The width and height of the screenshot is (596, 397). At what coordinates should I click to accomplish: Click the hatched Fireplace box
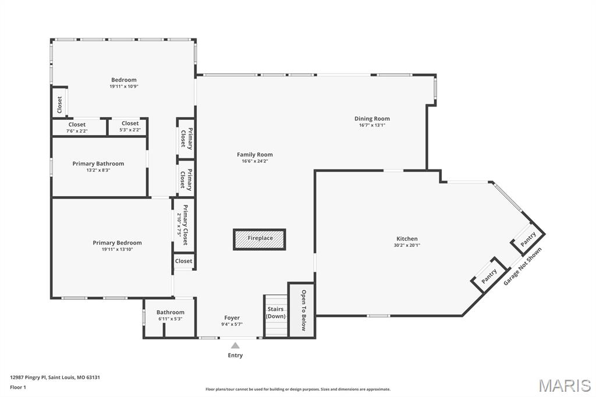click(260, 239)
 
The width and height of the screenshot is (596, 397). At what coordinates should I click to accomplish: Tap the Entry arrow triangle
click(235, 345)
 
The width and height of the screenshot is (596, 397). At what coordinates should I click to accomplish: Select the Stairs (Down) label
click(275, 313)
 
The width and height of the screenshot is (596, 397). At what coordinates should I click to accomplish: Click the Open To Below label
click(303, 310)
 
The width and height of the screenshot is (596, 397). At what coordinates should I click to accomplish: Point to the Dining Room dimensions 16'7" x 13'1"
click(372, 125)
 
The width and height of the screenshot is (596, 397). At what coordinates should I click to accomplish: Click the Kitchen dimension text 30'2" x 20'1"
click(407, 245)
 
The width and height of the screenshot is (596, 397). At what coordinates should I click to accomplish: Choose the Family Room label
click(254, 154)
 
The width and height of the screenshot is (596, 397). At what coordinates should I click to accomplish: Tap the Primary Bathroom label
click(98, 164)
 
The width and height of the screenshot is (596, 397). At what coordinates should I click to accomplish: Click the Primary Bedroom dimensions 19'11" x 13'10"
click(117, 249)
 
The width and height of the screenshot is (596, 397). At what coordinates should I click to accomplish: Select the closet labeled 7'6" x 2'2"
click(77, 130)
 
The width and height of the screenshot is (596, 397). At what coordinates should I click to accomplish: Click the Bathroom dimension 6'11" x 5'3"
click(170, 318)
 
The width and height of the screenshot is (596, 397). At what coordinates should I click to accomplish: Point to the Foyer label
click(232, 318)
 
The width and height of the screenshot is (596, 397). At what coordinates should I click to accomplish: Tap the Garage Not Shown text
click(522, 267)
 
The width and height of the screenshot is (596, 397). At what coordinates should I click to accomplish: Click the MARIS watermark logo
click(564, 385)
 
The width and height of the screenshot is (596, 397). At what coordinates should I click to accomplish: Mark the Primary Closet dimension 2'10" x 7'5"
click(179, 224)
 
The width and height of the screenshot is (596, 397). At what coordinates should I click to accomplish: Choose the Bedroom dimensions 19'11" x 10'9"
click(123, 86)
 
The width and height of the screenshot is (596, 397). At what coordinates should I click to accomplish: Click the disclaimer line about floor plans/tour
click(297, 389)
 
